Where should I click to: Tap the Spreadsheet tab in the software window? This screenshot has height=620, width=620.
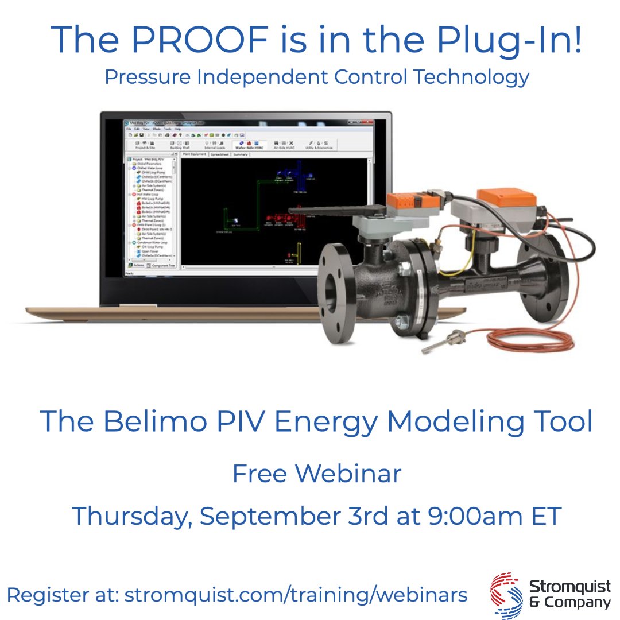[219, 154]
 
